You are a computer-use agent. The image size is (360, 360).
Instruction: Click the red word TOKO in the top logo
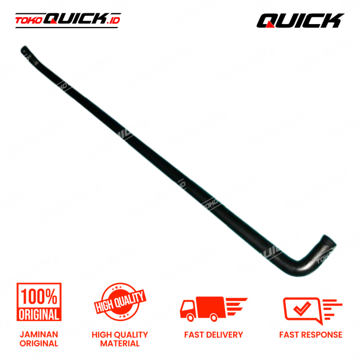click(28, 21)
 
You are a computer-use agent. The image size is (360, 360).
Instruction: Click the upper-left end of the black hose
click(25, 50)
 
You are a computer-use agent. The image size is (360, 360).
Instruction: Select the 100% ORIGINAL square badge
click(39, 303)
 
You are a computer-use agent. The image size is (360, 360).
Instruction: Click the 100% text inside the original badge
click(39, 296)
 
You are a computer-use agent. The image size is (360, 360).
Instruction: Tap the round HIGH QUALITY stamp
click(120, 304)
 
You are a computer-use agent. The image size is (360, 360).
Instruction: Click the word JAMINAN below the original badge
click(39, 334)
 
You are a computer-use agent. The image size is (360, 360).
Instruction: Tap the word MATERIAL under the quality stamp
click(120, 343)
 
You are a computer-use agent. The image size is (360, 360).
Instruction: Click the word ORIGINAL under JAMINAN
click(39, 343)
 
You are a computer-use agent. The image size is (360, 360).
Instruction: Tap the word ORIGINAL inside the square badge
click(39, 314)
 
